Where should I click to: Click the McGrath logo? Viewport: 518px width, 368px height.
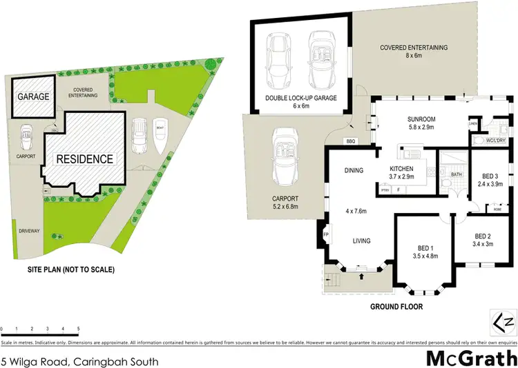coord(470,340)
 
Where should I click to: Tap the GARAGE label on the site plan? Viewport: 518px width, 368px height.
coord(34,97)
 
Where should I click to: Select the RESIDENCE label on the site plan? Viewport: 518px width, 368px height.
coord(84,159)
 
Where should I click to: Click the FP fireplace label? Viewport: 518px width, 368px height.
coord(325,234)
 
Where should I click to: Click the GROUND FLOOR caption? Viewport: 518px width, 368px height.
coord(396,307)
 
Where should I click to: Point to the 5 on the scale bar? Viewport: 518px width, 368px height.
coord(79,329)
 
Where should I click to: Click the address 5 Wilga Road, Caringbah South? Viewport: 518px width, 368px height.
coord(80,343)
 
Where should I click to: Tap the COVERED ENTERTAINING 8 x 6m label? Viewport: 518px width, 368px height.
coord(414,52)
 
